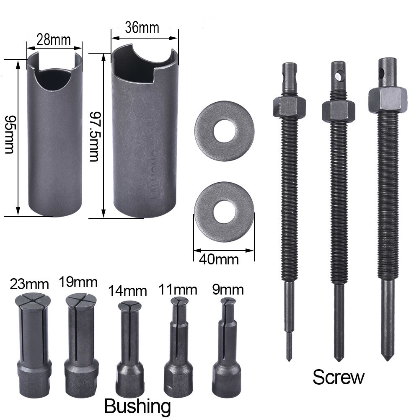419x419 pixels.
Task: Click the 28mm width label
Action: coord(54,40)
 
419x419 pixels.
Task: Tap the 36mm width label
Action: coord(142,28)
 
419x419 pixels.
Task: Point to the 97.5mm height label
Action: coord(94,137)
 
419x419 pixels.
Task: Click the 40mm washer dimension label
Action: coord(219,259)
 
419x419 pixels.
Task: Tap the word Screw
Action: coord(338,378)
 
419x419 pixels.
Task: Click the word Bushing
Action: coord(137,406)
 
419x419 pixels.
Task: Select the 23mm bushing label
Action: coord(29,284)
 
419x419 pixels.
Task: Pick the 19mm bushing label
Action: coord(78,282)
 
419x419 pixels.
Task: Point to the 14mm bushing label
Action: coord(127,291)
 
